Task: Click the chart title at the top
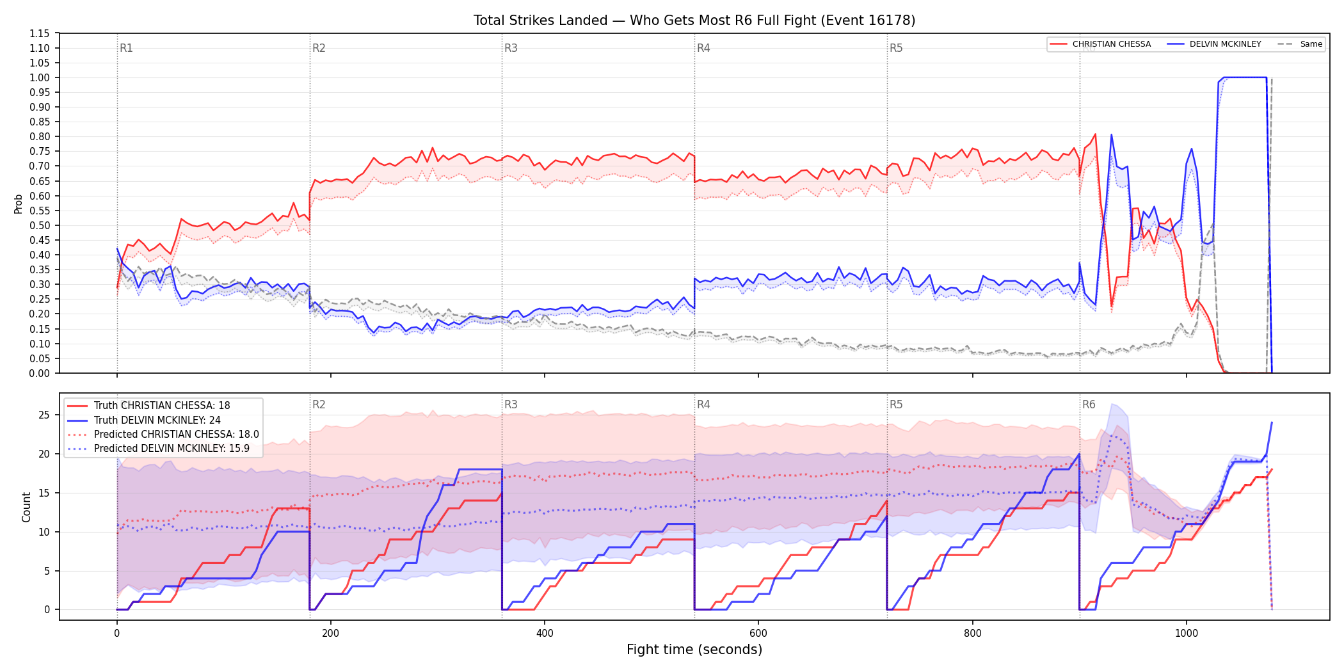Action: pyautogui.click(x=694, y=20)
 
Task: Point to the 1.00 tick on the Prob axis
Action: pyautogui.click(x=40, y=77)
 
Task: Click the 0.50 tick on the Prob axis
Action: pyautogui.click(x=40, y=225)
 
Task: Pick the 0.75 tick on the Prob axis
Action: pyautogui.click(x=40, y=152)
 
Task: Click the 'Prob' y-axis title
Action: pyautogui.click(x=19, y=204)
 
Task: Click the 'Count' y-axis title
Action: pyautogui.click(x=26, y=507)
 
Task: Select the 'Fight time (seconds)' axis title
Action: pyautogui.click(x=694, y=650)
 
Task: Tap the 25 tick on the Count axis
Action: pyautogui.click(x=44, y=415)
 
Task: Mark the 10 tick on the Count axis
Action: pyautogui.click(x=44, y=532)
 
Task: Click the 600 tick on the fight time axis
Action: pyautogui.click(x=758, y=633)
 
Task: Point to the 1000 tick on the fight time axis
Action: pyautogui.click(x=1187, y=633)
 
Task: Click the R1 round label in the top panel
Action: pyautogui.click(x=126, y=48)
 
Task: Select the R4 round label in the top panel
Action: pyautogui.click(x=703, y=48)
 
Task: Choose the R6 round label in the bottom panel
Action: pyautogui.click(x=1089, y=404)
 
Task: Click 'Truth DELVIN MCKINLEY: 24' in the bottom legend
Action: pyautogui.click(x=157, y=420)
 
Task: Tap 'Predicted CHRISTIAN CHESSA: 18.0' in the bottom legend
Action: pyautogui.click(x=177, y=435)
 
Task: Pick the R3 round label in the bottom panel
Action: pyautogui.click(x=511, y=404)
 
